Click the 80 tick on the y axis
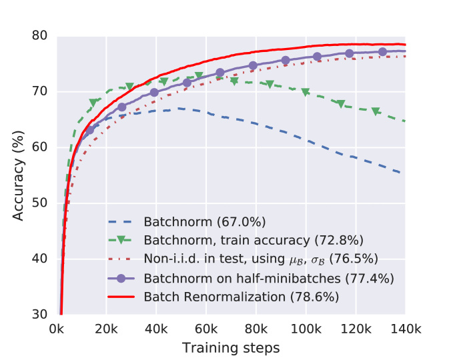pos(41,35)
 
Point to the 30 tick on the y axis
pos(41,315)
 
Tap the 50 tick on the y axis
pos(41,203)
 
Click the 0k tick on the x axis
pos(57,329)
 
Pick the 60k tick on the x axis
pos(206,329)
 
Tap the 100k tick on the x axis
pos(306,329)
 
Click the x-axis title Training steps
pos(231,347)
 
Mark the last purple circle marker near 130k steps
pos(382,52)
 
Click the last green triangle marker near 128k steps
pos(376,111)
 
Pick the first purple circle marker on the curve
pos(90,131)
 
